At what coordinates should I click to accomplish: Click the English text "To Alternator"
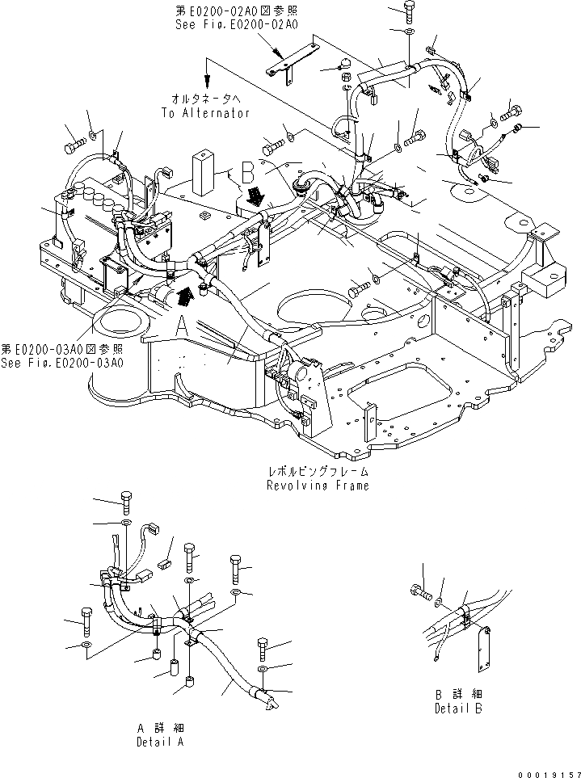pyautogui.click(x=205, y=114)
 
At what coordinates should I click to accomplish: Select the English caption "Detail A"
pyautogui.click(x=159, y=740)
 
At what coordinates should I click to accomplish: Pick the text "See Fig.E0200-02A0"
pyautogui.click(x=237, y=25)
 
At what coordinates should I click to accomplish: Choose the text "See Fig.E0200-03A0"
pyautogui.click(x=62, y=363)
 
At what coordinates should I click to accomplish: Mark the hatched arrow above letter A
pyautogui.click(x=185, y=295)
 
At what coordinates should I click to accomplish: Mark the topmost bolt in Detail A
pyautogui.click(x=125, y=502)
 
